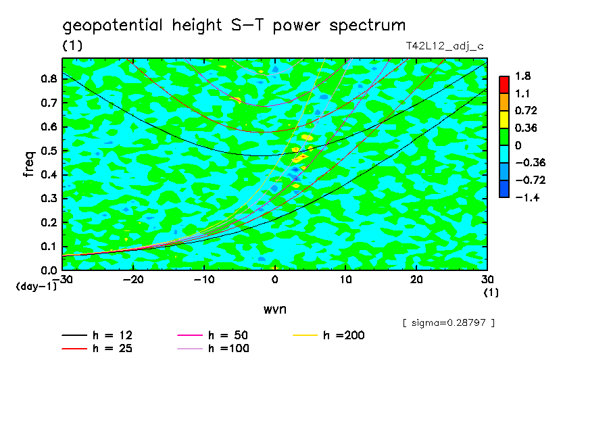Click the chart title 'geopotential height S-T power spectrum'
click(x=234, y=26)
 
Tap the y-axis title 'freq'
click(x=28, y=164)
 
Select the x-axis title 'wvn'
click(x=274, y=309)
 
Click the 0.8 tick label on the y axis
click(x=48, y=78)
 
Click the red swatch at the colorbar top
click(x=504, y=84)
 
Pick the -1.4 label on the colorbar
click(x=524, y=197)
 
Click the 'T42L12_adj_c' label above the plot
click(x=444, y=46)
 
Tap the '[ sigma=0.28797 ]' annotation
click(x=449, y=323)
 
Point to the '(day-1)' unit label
click(x=36, y=287)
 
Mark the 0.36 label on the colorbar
click(x=524, y=128)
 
